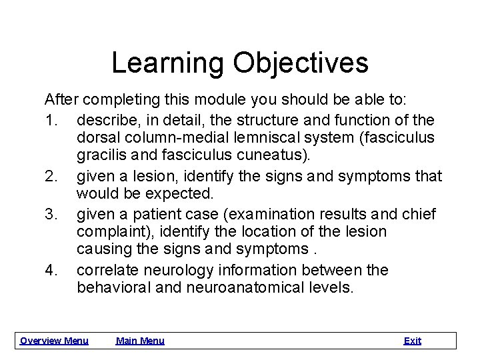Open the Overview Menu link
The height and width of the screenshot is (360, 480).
[x=54, y=341]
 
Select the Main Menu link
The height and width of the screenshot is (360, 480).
[x=140, y=341]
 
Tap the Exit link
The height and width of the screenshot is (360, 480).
[x=412, y=341]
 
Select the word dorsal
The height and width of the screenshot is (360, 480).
[x=98, y=138]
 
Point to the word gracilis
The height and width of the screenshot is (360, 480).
[x=100, y=157]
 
